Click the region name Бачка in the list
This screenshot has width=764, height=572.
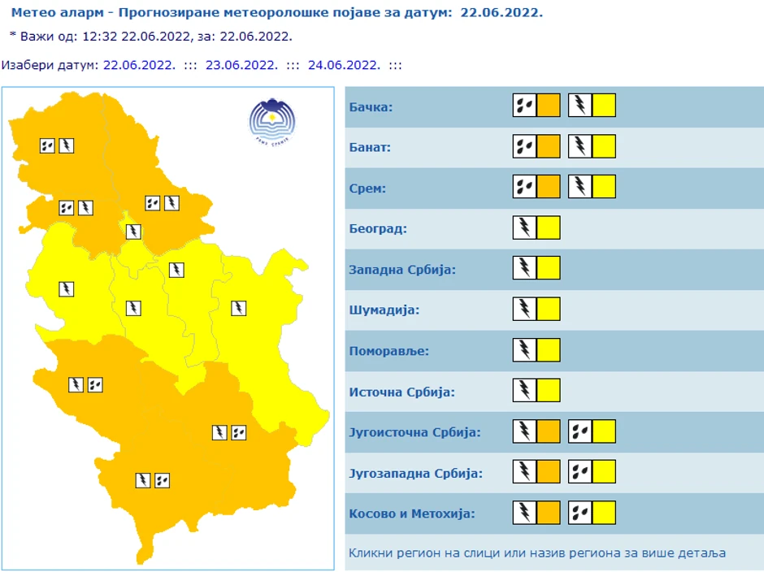[371, 107]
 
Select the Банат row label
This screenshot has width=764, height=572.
[370, 148]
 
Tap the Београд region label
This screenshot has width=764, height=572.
[378, 229]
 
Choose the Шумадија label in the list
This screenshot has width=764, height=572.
[384, 310]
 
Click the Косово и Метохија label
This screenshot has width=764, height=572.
[411, 513]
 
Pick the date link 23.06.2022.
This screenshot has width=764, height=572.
[241, 65]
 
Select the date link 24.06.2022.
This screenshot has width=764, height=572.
[344, 65]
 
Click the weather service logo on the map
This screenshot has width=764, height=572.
[272, 120]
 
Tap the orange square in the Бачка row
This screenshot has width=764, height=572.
[549, 106]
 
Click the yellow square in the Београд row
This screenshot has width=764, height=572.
[549, 227]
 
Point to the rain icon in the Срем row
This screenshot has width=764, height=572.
[525, 187]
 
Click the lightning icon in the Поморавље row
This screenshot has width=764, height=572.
[525, 349]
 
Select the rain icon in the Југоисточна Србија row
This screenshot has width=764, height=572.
[580, 431]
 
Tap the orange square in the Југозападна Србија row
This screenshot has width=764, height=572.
[549, 471]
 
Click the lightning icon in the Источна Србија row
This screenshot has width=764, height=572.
[525, 390]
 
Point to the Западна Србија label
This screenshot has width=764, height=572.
[402, 270]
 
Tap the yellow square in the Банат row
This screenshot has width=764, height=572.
[604, 146]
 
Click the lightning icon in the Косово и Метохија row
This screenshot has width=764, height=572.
[525, 512]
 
